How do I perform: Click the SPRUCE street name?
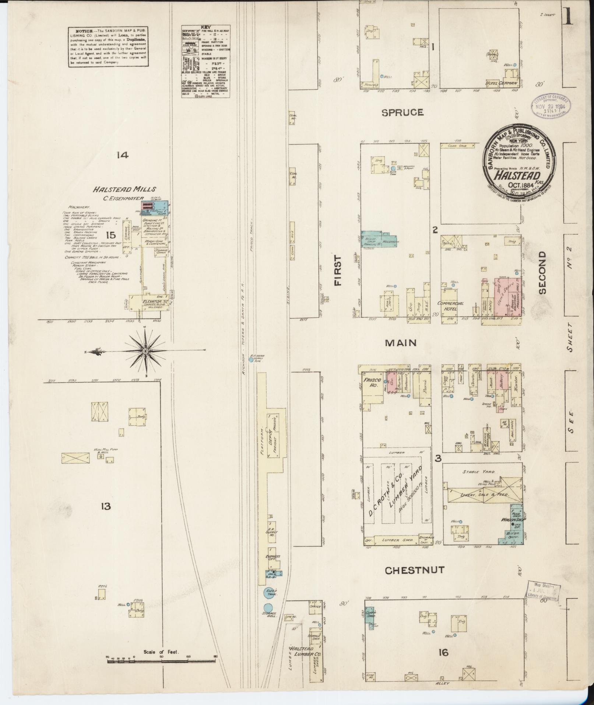402,112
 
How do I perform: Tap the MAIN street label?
401,343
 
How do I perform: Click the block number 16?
443,653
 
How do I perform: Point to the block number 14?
122,155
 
